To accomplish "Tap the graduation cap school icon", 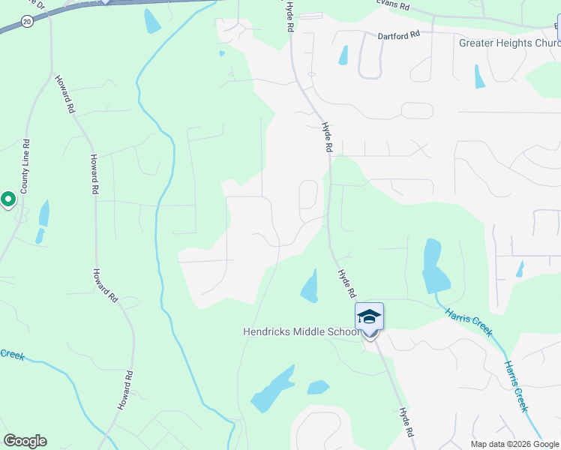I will pos(369,316).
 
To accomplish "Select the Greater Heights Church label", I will pos(509,43).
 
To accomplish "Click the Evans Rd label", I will pos(393,7).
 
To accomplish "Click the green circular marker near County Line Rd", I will pos(8,199).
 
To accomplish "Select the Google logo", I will pos(25,441).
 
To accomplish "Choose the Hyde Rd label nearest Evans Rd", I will pos(289,16).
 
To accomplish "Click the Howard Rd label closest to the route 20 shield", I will pos(64,94).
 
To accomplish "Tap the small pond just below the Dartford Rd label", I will pos(343,55).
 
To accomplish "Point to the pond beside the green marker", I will pos(43,214).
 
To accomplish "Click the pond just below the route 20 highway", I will pos(151,20).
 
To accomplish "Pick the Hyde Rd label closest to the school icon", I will pos(346,283).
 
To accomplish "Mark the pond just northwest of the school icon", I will pos(309,287).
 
